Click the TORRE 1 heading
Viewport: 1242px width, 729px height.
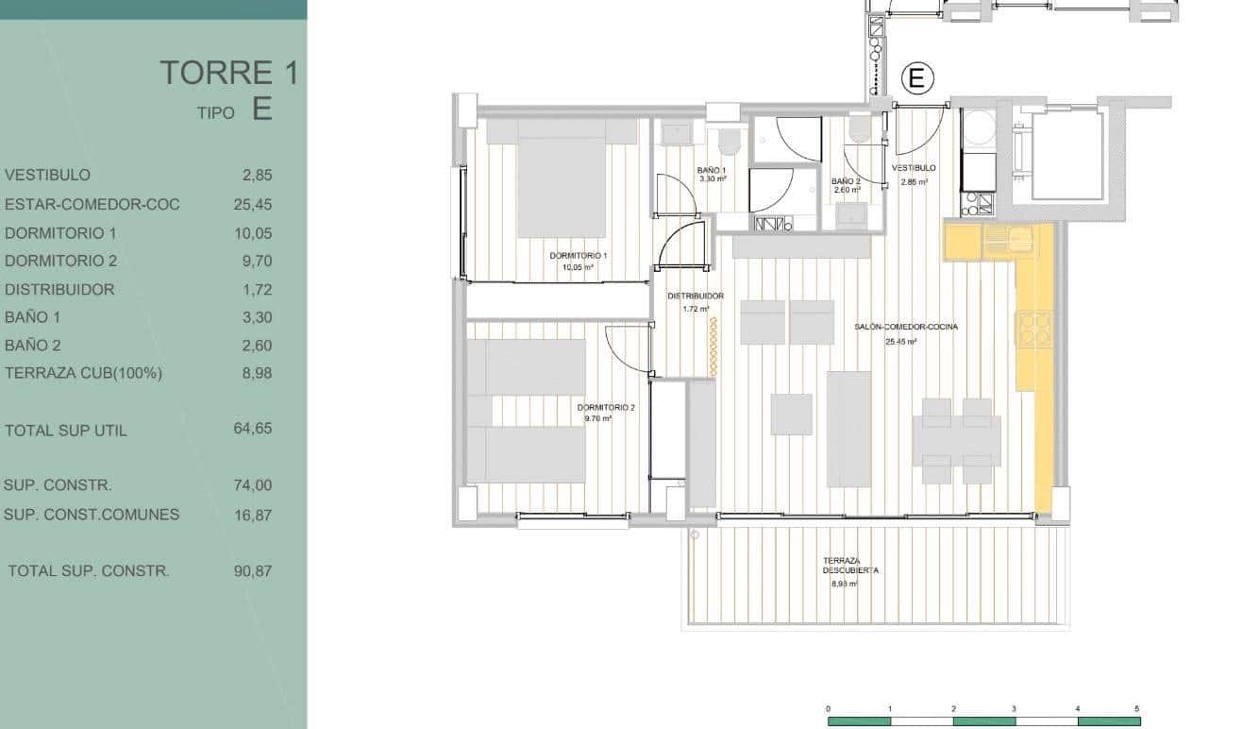coord(228,73)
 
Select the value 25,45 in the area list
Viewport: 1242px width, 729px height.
coord(252,205)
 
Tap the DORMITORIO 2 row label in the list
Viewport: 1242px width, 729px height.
coord(60,261)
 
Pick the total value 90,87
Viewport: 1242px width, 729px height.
coord(252,571)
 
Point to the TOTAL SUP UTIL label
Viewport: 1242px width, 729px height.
coord(65,431)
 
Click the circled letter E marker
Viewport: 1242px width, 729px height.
coord(917,78)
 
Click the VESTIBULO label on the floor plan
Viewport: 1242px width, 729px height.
coord(915,168)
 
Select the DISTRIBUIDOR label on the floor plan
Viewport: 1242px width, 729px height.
coord(696,297)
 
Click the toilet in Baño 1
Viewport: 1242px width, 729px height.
coord(728,142)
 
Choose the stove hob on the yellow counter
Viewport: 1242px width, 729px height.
coord(1033,329)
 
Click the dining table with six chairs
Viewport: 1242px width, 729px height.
coord(956,441)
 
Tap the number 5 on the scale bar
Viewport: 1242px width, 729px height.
coord(1137,708)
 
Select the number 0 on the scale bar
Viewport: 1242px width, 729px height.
coord(828,708)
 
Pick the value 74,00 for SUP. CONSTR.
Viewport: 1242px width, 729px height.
coord(252,485)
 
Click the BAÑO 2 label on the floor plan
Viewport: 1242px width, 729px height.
coord(846,181)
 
